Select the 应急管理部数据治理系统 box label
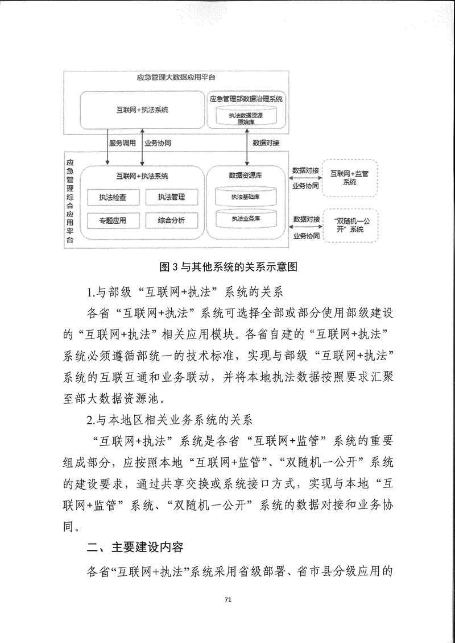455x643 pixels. point(247,98)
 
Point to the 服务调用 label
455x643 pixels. point(123,143)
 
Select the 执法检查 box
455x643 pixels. point(112,198)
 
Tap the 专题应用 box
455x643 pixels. point(112,220)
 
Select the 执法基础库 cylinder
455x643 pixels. point(245,197)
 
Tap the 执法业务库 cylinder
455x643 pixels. point(245,218)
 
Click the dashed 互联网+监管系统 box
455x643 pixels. point(349,178)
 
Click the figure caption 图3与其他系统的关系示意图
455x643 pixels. point(227,266)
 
